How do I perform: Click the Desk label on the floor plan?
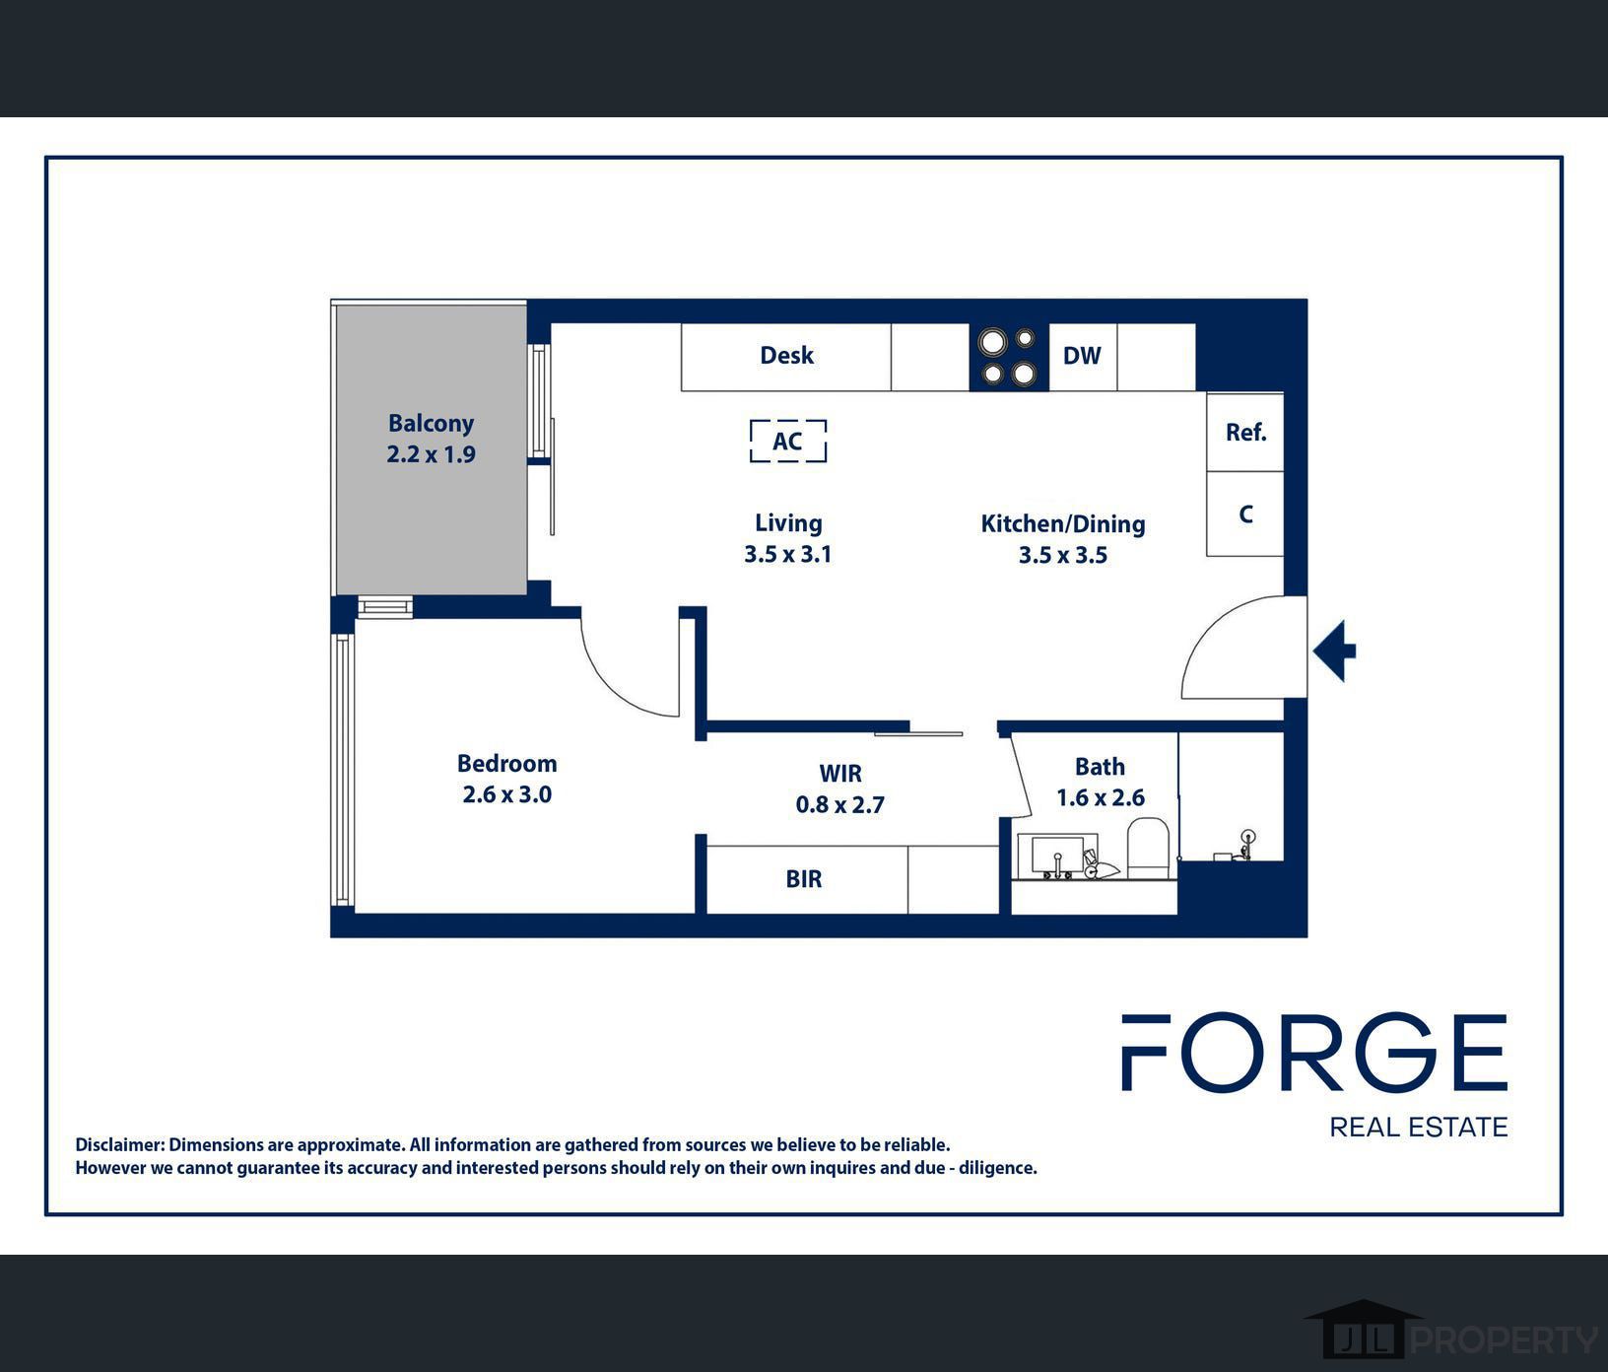coord(786,355)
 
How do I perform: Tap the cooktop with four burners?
coord(1009,357)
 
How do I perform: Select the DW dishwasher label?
coord(1082,356)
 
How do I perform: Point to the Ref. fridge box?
coord(1245,432)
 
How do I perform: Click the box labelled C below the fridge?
coord(1245,514)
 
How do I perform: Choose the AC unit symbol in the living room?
coord(788,441)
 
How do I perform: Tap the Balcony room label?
coord(432,424)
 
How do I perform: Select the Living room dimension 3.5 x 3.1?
coord(788,554)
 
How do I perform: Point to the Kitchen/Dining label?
coord(1063,524)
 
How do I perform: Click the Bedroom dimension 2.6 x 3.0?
coord(507,794)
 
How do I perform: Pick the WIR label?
coord(840,774)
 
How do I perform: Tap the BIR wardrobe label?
coord(804,879)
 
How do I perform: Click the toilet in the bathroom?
coord(1148,847)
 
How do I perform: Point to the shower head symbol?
coord(1248,837)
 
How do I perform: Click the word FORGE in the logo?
coord(1314,1053)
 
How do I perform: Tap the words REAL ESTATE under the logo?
coord(1419,1127)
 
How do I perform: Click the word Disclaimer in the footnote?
coord(119,1145)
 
